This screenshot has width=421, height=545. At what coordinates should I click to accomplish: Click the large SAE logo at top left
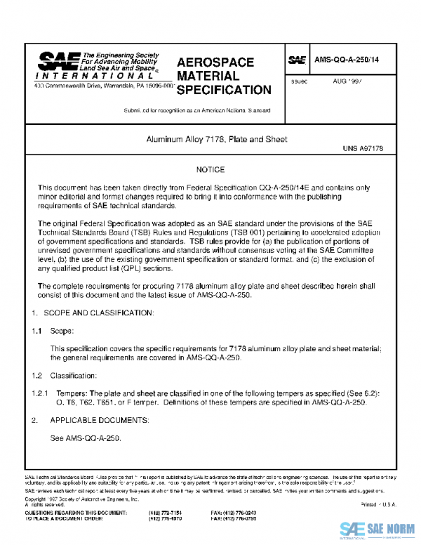click(x=56, y=60)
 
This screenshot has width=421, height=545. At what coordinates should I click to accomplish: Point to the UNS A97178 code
click(x=363, y=149)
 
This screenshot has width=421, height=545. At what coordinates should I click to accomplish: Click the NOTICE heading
click(x=210, y=170)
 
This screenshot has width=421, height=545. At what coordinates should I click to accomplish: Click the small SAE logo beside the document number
click(x=298, y=60)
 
